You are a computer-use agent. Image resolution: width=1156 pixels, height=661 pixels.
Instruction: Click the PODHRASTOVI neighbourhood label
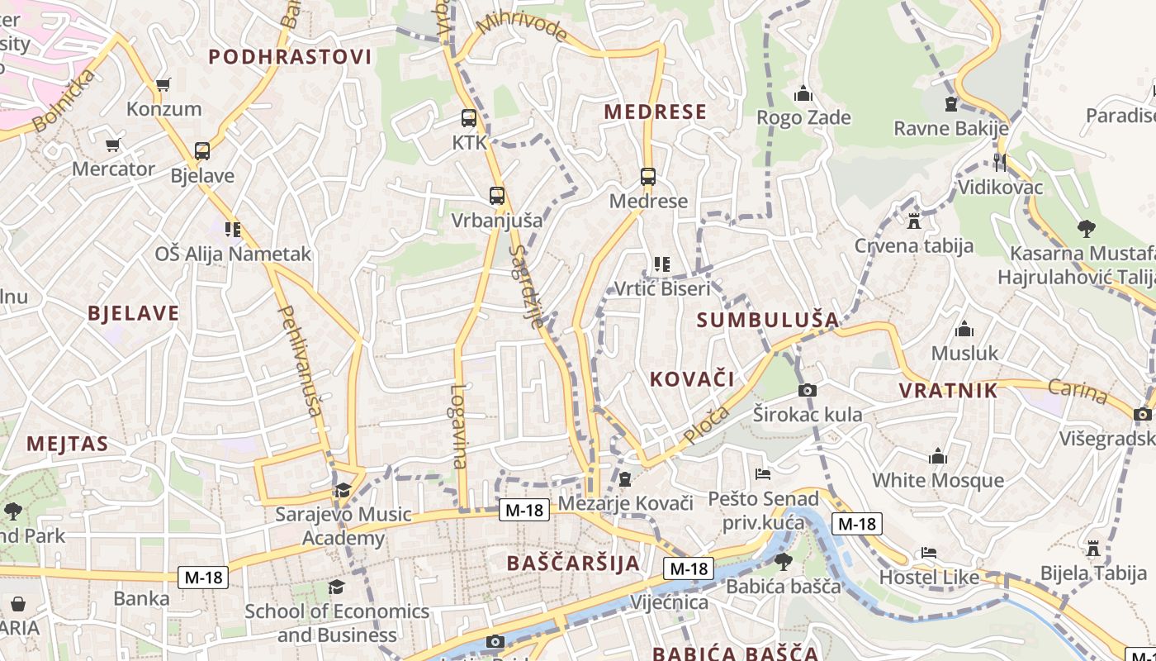click(x=290, y=56)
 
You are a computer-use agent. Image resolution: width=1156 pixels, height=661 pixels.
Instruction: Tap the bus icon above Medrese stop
click(x=648, y=176)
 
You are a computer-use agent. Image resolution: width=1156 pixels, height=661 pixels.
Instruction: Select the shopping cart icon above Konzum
click(x=163, y=84)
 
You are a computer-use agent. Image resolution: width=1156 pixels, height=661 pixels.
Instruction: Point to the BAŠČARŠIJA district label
click(x=573, y=564)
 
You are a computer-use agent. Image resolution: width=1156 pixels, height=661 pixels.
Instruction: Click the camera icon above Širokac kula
click(x=808, y=390)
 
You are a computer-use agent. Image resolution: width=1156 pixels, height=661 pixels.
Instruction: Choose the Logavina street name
click(x=459, y=426)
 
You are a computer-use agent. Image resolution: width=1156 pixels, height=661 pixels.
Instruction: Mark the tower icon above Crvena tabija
click(x=913, y=221)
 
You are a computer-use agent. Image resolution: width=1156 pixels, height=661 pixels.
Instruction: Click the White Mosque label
click(x=938, y=480)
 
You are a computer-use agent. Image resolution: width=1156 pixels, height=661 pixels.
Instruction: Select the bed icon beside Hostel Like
click(x=929, y=553)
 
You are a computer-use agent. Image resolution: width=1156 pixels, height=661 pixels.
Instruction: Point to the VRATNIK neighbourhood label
click(x=948, y=391)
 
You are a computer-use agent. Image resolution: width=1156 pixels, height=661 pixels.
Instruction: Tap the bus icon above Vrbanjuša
click(x=496, y=196)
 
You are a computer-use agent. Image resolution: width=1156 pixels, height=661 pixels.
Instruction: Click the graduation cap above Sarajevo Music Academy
click(x=343, y=490)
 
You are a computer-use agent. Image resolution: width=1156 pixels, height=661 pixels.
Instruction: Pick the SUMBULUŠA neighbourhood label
click(x=768, y=320)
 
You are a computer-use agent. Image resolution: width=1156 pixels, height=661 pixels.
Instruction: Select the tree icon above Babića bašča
click(x=783, y=562)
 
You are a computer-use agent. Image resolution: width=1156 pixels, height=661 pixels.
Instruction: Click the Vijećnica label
click(x=669, y=602)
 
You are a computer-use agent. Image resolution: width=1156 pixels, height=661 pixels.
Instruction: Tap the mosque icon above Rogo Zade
click(x=803, y=93)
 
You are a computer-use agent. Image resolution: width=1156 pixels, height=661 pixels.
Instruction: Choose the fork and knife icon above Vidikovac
click(x=1000, y=162)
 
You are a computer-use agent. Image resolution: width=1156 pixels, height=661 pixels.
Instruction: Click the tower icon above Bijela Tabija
click(x=1093, y=549)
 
